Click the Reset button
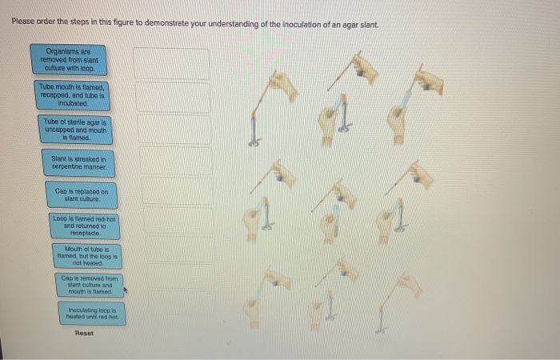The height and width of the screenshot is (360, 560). [x=84, y=333]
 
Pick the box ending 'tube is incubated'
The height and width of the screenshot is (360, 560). [x=71, y=94]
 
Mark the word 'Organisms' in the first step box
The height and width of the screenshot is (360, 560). [x=68, y=50]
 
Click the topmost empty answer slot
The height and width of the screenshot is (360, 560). [x=171, y=63]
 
